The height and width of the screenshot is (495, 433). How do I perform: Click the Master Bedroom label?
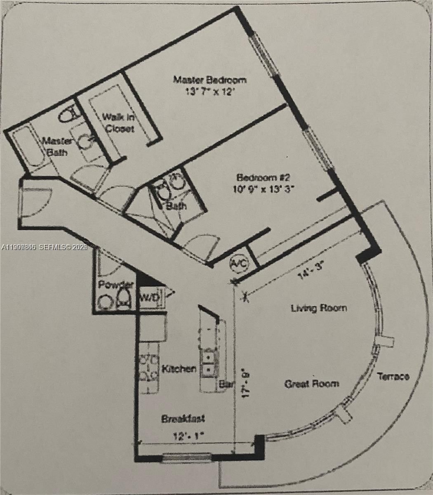click(209, 80)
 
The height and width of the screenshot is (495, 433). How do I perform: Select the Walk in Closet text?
click(119, 123)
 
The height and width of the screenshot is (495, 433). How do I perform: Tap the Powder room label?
click(116, 285)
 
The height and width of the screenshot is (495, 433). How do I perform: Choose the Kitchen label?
click(179, 368)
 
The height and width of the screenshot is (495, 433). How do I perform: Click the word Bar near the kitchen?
click(226, 384)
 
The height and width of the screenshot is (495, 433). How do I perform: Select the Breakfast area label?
click(183, 419)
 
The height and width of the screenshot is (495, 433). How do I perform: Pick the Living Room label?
click(319, 308)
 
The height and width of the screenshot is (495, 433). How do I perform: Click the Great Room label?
click(312, 383)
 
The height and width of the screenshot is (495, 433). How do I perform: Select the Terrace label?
click(393, 376)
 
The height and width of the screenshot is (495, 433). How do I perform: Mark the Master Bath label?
click(58, 146)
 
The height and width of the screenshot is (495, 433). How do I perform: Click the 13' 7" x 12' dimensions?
click(209, 92)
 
